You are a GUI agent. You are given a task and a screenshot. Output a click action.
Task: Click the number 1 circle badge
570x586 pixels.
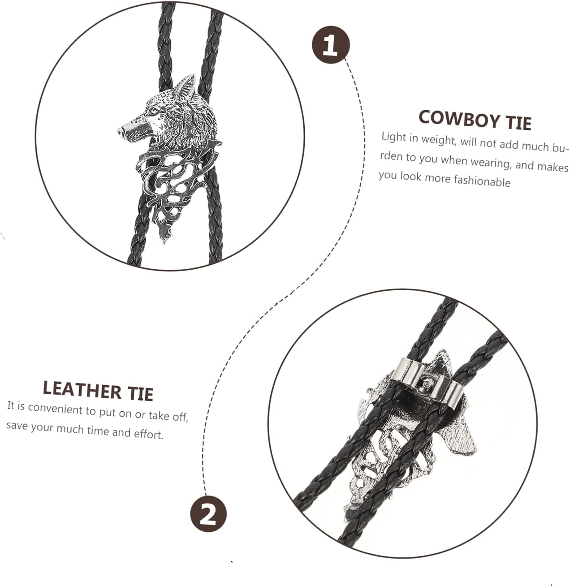[x=331, y=45]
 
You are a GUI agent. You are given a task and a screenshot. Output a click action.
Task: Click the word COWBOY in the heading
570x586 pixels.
[x=457, y=118]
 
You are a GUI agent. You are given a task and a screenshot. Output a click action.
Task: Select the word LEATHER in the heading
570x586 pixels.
[x=82, y=389]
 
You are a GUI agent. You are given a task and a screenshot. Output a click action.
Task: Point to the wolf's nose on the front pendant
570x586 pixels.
[x=122, y=131]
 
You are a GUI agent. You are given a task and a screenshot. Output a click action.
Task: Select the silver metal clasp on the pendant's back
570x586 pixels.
[x=428, y=379]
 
